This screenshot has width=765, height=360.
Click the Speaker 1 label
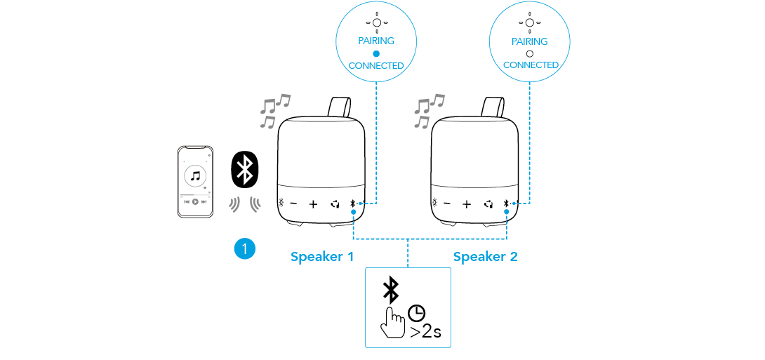coord(322,257)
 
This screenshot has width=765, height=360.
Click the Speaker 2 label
coord(485,257)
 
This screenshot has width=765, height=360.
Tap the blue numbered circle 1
coord(244,248)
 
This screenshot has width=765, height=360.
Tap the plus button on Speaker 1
coord(313,205)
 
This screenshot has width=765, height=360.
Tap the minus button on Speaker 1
coord(294,205)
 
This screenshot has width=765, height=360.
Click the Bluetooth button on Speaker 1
coord(352,204)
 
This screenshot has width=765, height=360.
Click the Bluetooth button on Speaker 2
coord(505,204)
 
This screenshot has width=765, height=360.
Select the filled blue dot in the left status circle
coord(376,53)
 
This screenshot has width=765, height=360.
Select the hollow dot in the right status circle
coord(530,53)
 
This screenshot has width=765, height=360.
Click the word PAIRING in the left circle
coord(376,41)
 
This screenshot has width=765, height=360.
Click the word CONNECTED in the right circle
coord(531,65)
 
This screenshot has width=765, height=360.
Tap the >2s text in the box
coord(425,331)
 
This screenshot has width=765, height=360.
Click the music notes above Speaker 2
coord(428,111)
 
